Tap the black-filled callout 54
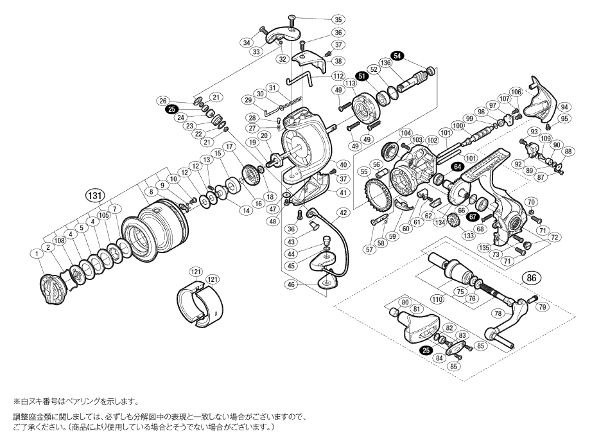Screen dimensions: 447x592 [x=397, y=57]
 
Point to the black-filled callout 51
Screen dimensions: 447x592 [x=361, y=76]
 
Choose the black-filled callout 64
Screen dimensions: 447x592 [x=457, y=166]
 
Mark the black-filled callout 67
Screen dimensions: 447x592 [x=473, y=216]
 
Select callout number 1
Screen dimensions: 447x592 [x=38, y=255]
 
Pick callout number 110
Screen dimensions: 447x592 [x=437, y=299]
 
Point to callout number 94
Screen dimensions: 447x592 [x=564, y=107]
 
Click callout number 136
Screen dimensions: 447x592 [x=385, y=62]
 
